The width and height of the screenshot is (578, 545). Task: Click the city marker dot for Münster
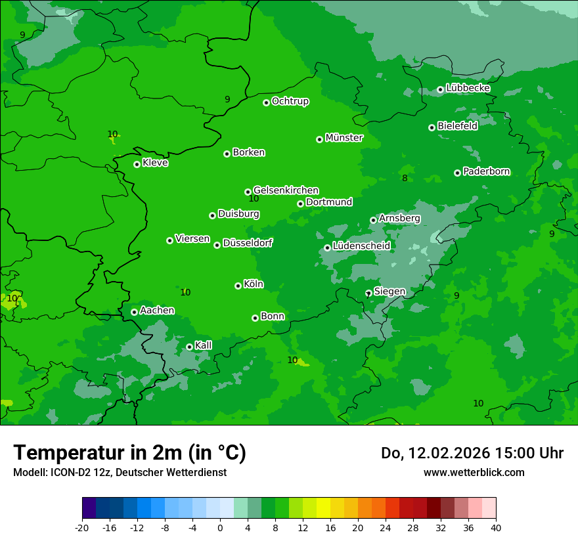(320, 139)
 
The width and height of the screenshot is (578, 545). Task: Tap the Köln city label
(254, 284)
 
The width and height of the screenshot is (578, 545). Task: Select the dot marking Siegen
(368, 293)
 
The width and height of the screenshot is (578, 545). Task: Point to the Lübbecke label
(468, 88)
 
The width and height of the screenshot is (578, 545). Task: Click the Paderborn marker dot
(458, 173)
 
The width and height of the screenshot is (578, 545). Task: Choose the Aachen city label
(157, 311)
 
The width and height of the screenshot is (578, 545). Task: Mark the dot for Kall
(190, 347)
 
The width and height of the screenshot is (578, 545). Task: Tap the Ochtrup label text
(290, 101)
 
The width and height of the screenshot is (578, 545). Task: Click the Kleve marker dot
(137, 164)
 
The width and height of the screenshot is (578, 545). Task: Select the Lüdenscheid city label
(361, 246)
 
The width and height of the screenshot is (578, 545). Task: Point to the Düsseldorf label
(248, 243)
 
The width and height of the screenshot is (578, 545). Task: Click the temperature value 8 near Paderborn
(405, 178)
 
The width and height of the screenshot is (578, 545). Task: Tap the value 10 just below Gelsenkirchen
(254, 198)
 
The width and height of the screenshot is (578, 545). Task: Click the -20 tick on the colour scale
(82, 528)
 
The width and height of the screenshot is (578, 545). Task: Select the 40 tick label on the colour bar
(496, 528)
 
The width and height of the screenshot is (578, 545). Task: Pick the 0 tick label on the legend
(220, 528)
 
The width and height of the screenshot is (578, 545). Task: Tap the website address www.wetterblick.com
(474, 472)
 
